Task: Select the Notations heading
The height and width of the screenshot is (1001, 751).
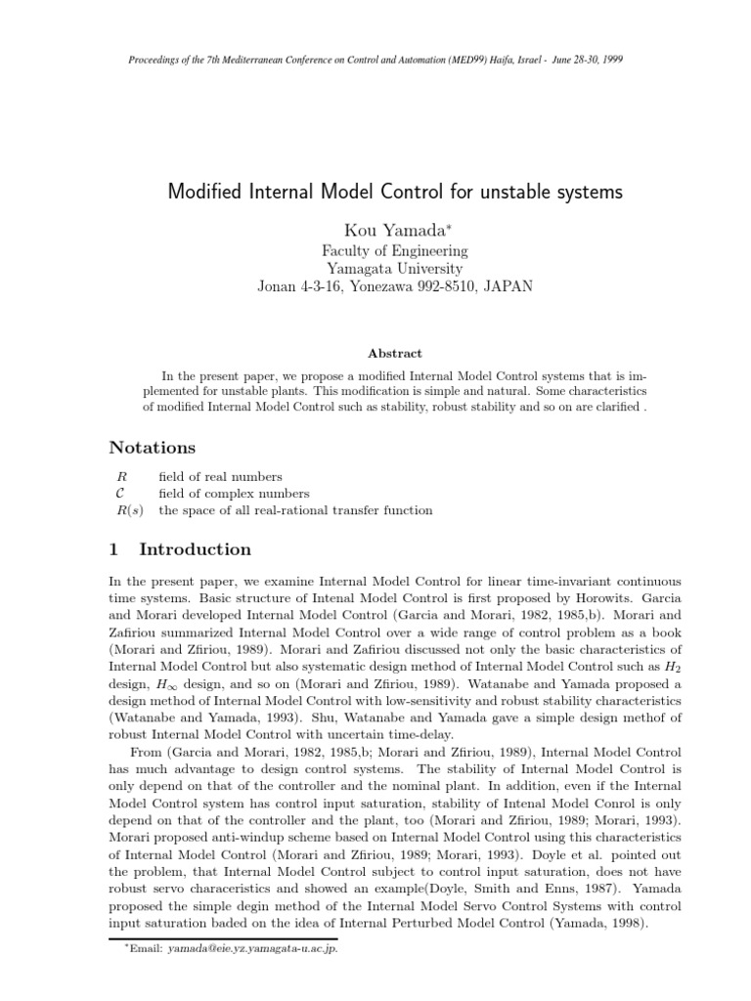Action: pos(152,448)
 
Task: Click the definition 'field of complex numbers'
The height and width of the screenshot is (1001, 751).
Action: pos(234,494)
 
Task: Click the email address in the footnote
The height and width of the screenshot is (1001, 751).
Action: pos(252,948)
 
